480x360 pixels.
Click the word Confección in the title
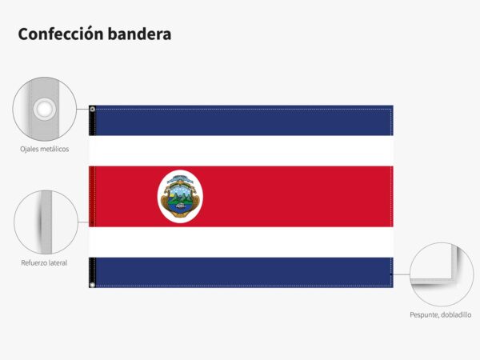click(x=61, y=34)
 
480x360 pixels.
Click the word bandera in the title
click(x=139, y=34)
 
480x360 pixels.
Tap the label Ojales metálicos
click(x=44, y=149)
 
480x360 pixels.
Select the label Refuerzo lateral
click(x=44, y=262)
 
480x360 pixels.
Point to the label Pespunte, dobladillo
click(x=441, y=314)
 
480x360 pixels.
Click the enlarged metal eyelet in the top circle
click(x=45, y=109)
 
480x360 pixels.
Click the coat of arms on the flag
click(x=180, y=196)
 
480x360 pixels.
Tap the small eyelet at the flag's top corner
click(x=92, y=109)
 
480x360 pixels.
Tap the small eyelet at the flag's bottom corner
click(x=92, y=285)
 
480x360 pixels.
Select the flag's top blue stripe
click(x=241, y=120)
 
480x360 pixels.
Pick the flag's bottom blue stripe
click(x=241, y=273)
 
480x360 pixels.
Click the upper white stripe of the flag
click(x=241, y=151)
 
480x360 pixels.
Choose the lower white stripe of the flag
click(x=241, y=242)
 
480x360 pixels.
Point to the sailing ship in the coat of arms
click(x=181, y=206)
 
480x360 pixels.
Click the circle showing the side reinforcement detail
click(x=46, y=222)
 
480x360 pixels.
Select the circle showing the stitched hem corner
click(x=442, y=274)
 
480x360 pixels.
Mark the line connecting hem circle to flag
click(x=402, y=274)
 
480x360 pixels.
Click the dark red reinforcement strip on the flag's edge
click(x=92, y=197)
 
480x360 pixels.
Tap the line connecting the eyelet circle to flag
click(x=82, y=109)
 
